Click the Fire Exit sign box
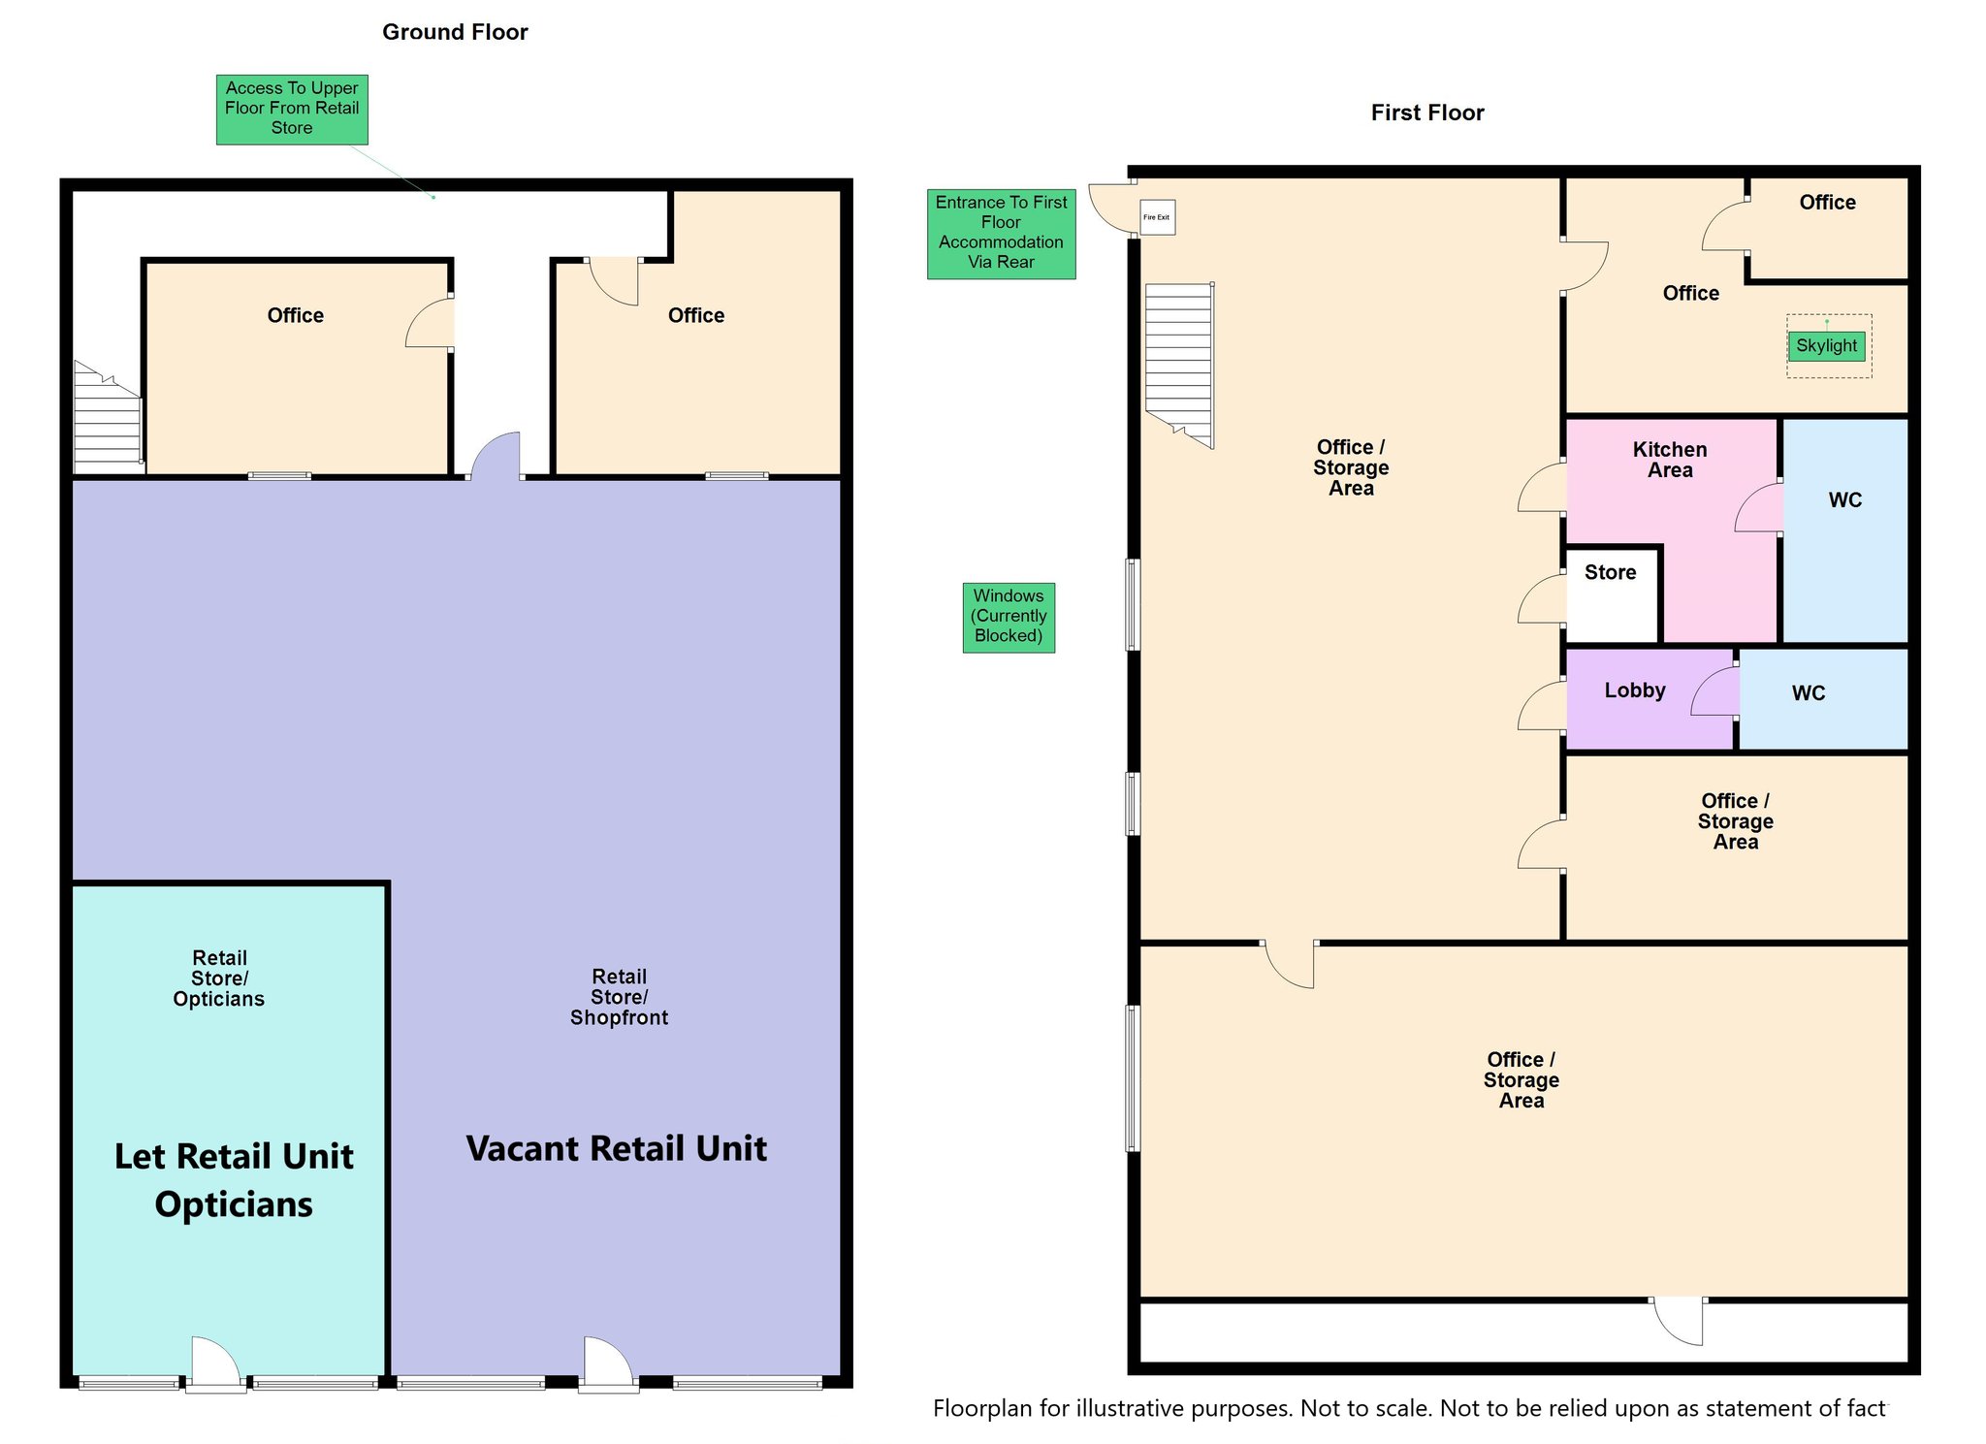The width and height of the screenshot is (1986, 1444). [1157, 217]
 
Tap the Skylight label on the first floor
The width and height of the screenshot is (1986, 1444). [1826, 345]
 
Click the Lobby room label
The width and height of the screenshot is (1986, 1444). [1635, 690]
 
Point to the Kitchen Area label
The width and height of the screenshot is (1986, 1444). [1670, 460]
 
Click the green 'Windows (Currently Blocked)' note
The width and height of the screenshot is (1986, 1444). [1009, 617]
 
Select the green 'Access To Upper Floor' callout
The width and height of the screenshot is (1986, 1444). [292, 110]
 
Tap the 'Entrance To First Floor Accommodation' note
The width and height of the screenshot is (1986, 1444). [1001, 234]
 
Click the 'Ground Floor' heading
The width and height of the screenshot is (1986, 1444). [455, 32]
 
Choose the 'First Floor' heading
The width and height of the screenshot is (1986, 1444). [1427, 112]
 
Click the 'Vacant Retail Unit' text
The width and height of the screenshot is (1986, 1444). [617, 1149]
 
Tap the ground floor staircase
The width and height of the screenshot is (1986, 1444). [109, 418]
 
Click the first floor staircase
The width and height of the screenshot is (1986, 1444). [1179, 365]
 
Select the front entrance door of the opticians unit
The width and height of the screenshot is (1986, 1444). [215, 1364]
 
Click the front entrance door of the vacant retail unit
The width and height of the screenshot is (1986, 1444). [608, 1364]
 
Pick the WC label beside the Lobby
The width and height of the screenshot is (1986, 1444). [1809, 693]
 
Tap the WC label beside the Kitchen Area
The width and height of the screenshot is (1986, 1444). [1845, 500]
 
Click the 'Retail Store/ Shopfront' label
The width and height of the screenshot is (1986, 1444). [619, 997]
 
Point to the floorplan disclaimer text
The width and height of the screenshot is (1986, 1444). [1410, 1408]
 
